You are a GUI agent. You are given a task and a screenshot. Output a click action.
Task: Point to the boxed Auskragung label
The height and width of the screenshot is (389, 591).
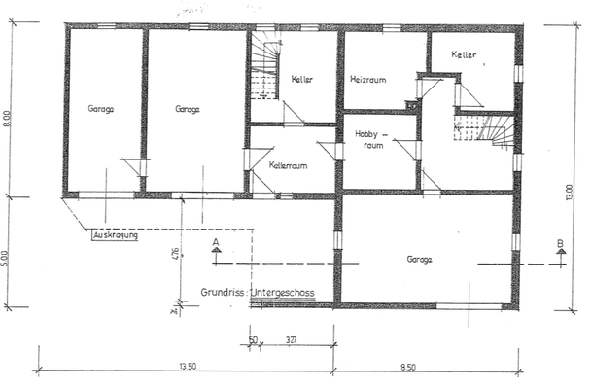click(115, 234)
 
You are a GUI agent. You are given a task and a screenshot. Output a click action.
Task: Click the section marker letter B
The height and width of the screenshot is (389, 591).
click(561, 242)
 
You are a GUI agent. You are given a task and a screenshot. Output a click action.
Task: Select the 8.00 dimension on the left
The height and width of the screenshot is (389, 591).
click(8, 119)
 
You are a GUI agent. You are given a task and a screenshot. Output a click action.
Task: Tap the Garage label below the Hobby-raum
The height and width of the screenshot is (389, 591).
click(420, 260)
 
